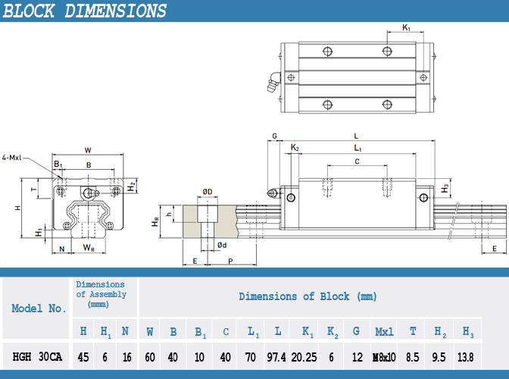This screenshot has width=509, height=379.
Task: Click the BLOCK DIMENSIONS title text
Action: [x=85, y=11]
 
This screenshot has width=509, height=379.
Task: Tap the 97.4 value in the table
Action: [x=276, y=357]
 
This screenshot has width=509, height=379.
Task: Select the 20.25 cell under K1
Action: [x=304, y=357]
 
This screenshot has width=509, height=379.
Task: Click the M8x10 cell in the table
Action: [x=384, y=357]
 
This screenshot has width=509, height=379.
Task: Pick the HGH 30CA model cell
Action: [x=37, y=356]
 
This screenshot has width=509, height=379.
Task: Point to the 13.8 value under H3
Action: [x=466, y=357]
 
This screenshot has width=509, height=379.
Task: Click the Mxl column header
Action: [x=384, y=331]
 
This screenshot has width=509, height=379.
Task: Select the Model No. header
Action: [x=39, y=309]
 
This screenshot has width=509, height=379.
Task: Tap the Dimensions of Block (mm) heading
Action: [x=308, y=296]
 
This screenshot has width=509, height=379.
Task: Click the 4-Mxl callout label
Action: [x=11, y=158]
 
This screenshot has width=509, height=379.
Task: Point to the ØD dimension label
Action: [x=208, y=192]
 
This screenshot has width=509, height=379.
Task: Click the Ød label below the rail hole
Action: [x=222, y=245]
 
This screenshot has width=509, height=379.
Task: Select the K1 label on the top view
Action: [x=406, y=27]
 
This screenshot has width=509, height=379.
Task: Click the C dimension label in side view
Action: [x=357, y=161]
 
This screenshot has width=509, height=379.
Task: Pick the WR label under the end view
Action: [x=89, y=248]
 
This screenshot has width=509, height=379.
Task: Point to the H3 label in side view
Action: [x=445, y=188]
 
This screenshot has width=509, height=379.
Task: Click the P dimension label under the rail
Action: [x=230, y=262]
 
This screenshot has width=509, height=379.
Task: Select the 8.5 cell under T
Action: [x=412, y=357]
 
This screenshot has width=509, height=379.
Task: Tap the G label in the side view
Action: [x=275, y=136]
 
